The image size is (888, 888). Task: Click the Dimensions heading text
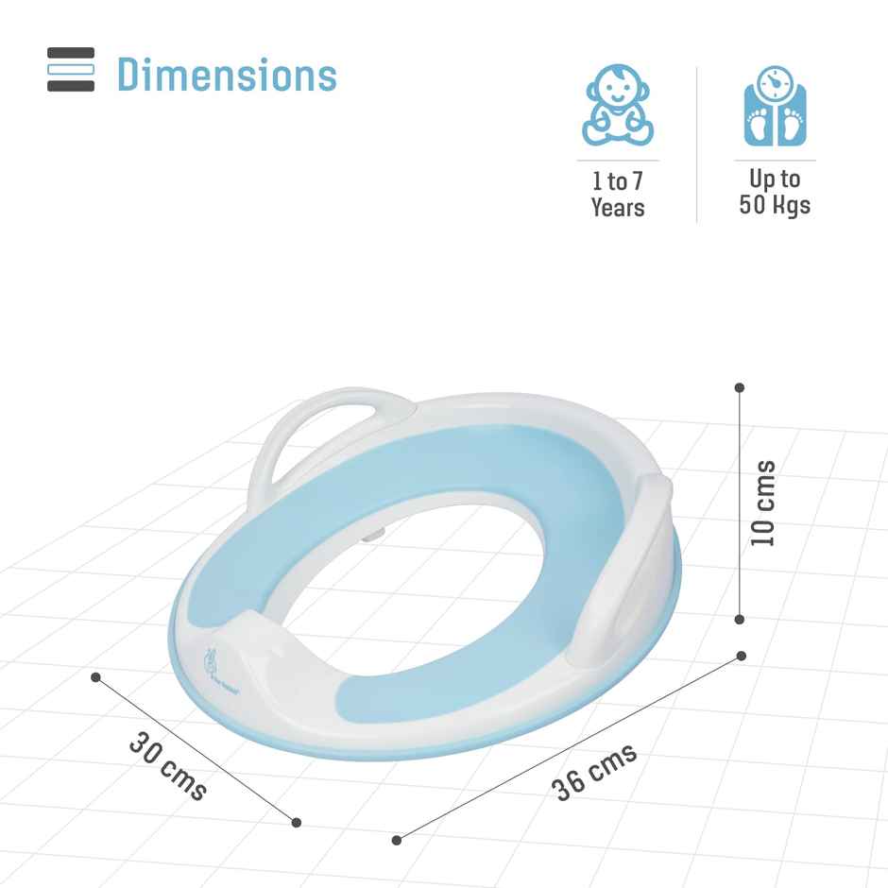point(227,75)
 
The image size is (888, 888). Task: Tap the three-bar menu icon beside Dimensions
point(71,70)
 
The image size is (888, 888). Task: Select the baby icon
point(617,105)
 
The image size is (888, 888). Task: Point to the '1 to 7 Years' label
point(618,194)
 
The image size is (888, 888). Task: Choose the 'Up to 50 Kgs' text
point(774,192)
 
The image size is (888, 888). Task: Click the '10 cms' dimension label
point(763,503)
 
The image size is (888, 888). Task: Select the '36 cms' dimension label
point(594,772)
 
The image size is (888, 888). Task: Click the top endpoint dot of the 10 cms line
point(740,387)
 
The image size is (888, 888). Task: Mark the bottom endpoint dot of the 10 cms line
point(740,620)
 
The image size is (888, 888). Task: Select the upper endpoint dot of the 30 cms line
point(95,676)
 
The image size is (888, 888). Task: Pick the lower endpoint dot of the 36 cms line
point(397,839)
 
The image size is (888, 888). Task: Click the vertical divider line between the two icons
point(697,144)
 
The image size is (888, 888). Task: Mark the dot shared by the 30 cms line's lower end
point(297,822)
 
